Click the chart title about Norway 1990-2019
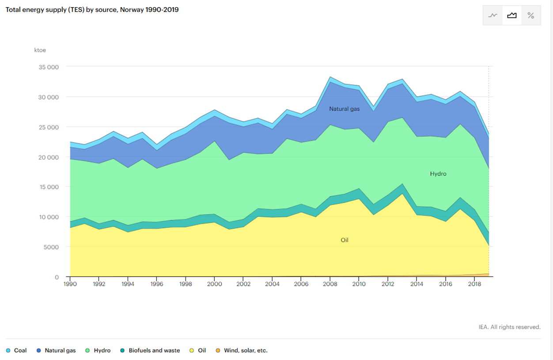click(92, 9)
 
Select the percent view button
click(530, 16)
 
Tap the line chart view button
click(492, 16)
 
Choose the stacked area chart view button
click(511, 16)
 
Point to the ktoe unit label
click(40, 50)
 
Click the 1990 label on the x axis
click(70, 284)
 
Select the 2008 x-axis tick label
click(330, 284)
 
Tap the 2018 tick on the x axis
click(474, 284)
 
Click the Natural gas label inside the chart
click(344, 109)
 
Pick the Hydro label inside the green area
click(438, 174)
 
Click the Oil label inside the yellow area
click(345, 240)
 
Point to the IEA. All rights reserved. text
click(509, 327)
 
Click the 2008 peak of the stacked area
click(330, 77)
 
